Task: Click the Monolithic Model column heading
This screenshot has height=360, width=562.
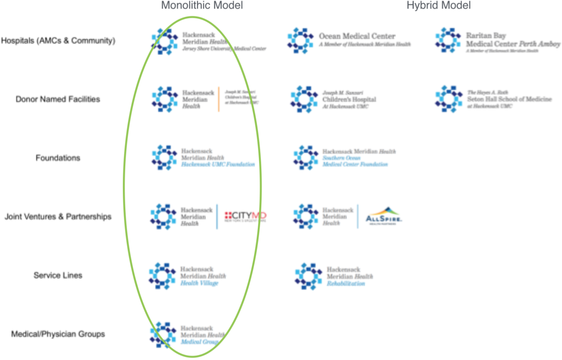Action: pyautogui.click(x=201, y=5)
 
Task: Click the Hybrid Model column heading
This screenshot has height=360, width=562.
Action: pyautogui.click(x=438, y=5)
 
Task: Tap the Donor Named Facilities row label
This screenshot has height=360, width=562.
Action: pyautogui.click(x=58, y=99)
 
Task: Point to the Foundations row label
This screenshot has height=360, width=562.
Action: pyautogui.click(x=58, y=158)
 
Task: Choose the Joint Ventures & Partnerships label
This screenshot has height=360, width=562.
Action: pyautogui.click(x=58, y=217)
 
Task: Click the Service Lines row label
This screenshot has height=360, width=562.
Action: pyautogui.click(x=58, y=275)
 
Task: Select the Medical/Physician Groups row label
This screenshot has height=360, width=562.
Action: pyautogui.click(x=58, y=334)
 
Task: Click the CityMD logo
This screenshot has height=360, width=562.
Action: pyautogui.click(x=245, y=216)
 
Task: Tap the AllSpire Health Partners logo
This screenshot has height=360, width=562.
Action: pyautogui.click(x=384, y=217)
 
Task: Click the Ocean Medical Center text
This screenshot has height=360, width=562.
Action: pyautogui.click(x=357, y=36)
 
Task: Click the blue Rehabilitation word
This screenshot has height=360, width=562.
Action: pyautogui.click(x=346, y=284)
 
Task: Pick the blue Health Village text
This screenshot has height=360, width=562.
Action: pyautogui.click(x=199, y=283)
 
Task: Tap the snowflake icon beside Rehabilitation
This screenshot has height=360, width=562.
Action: pyautogui.click(x=308, y=275)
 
